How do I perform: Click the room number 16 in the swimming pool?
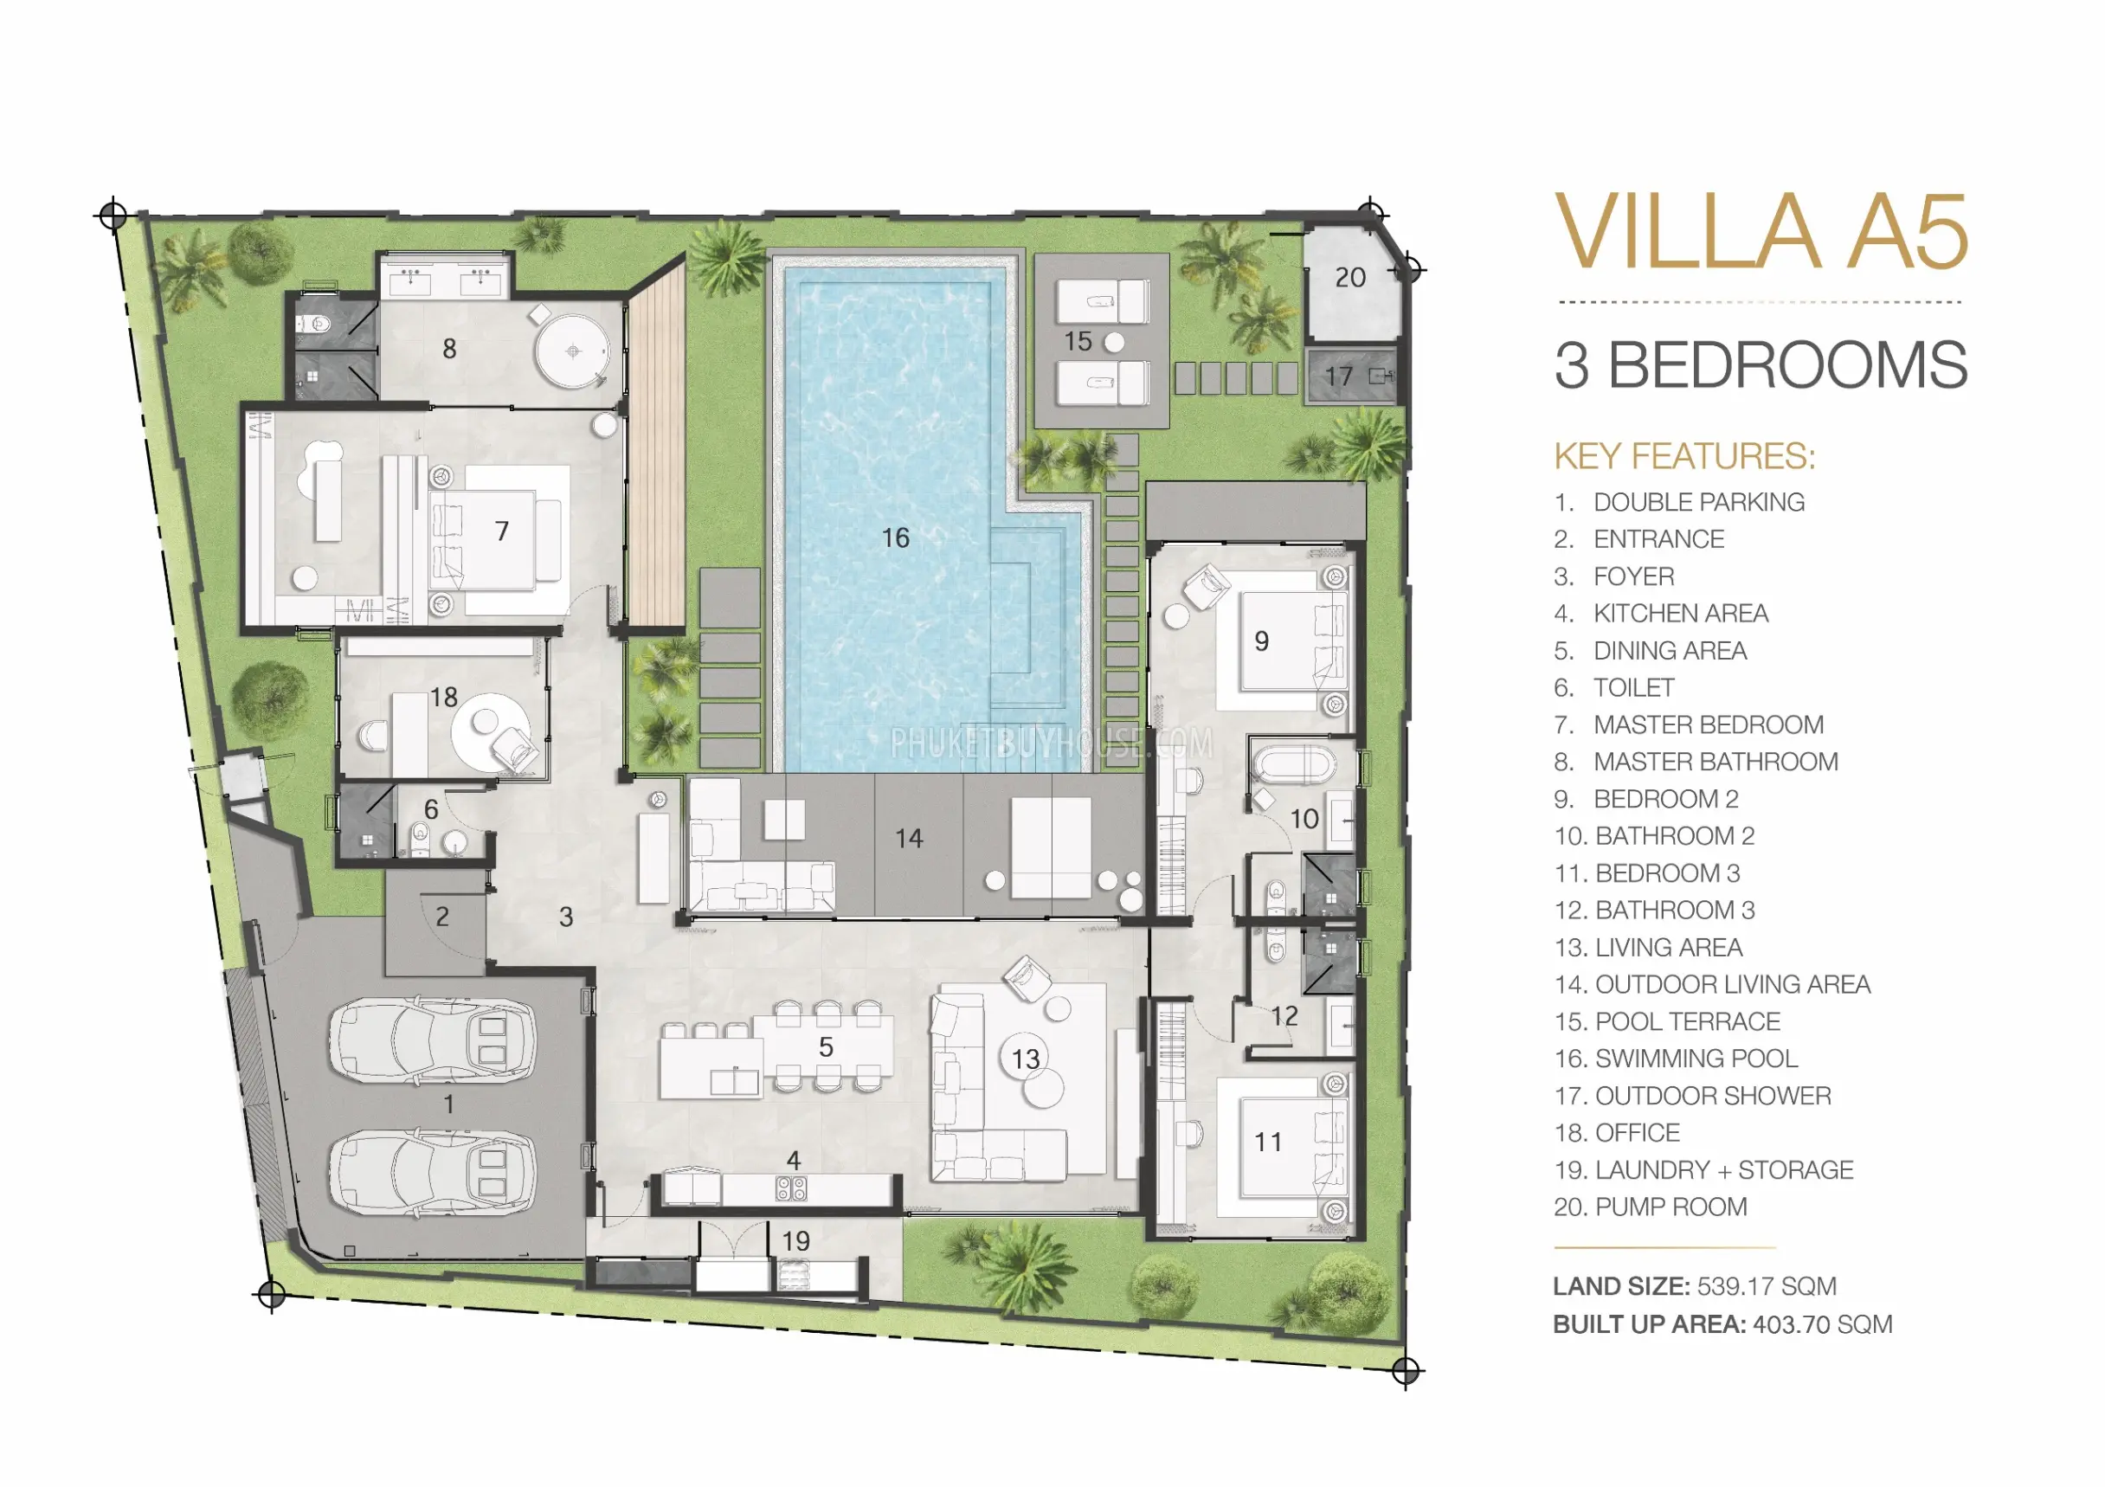coord(895,538)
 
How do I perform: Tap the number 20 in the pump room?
coord(1349,278)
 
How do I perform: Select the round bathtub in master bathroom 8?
coord(573,351)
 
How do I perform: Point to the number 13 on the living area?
coord(1025,1059)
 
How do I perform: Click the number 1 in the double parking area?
coord(449,1104)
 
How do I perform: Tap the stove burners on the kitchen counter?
coord(791,1189)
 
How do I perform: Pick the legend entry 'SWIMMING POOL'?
coord(1696,1059)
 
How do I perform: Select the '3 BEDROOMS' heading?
coord(1761,365)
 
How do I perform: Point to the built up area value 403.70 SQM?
coord(1823,1325)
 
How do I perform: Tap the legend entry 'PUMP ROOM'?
coord(1671,1207)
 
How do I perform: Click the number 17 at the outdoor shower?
coord(1338,376)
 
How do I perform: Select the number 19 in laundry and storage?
coord(795,1241)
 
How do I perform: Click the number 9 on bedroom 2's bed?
coord(1262,641)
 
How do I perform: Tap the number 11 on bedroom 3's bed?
coord(1268,1143)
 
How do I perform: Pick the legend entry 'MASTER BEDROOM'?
coord(1709,725)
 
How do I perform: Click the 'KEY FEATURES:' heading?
coord(1684,456)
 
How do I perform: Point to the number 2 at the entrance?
coord(443,917)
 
